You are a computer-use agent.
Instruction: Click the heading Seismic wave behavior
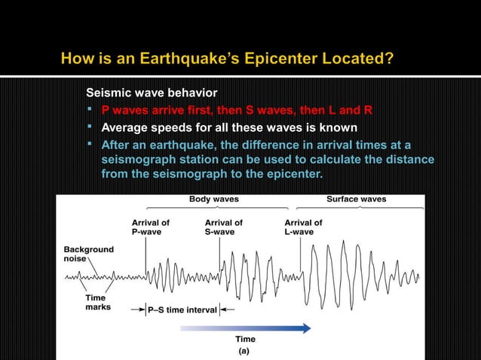pyautogui.click(x=152, y=93)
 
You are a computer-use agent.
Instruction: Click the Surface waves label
pyautogui.click(x=356, y=200)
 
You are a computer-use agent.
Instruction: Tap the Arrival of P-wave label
pyautogui.click(x=151, y=227)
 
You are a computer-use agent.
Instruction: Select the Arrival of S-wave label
pyautogui.click(x=224, y=227)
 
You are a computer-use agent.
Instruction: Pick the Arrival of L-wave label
pyautogui.click(x=303, y=227)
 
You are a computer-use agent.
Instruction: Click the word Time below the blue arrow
pyautogui.click(x=245, y=340)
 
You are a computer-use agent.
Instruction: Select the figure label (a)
pyautogui.click(x=244, y=351)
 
